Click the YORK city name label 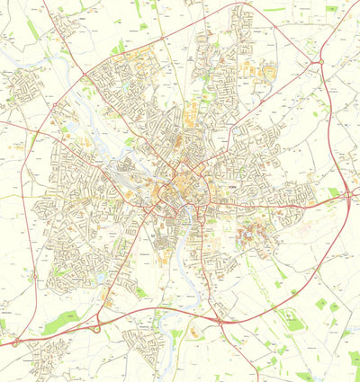(235, 187)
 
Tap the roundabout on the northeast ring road (321, 62)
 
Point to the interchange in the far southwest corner (14, 342)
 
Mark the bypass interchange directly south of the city (219, 320)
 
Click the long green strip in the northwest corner (33, 30)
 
